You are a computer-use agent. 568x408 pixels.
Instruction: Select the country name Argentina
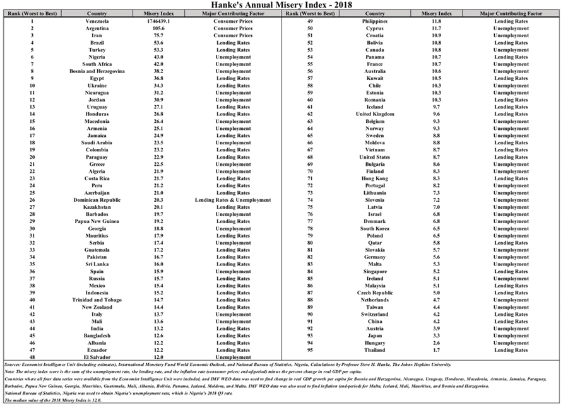click(x=97, y=28)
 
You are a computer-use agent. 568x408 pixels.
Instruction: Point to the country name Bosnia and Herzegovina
click(x=97, y=71)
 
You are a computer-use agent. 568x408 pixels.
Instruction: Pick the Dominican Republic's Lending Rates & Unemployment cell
click(x=234, y=200)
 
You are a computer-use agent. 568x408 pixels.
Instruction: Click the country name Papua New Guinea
click(x=97, y=221)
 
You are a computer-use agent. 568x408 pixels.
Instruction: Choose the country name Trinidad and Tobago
click(x=97, y=300)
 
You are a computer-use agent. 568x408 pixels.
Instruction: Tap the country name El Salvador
click(x=97, y=357)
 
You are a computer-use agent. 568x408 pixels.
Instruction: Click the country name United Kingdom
click(x=375, y=114)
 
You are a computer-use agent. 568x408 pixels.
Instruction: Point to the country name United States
click(x=375, y=157)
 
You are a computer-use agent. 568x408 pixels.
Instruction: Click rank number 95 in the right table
click(x=310, y=350)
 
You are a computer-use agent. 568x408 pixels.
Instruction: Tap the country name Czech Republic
click(x=375, y=293)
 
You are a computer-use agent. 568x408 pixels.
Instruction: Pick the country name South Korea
click(x=375, y=228)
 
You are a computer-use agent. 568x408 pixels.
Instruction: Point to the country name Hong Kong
click(x=375, y=178)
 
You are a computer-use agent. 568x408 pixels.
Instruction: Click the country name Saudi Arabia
click(x=97, y=143)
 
